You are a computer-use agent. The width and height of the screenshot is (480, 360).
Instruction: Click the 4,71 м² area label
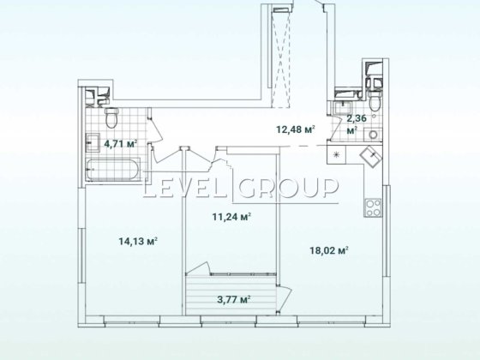point(120,143)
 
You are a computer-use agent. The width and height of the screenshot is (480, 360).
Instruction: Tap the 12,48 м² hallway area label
point(296,129)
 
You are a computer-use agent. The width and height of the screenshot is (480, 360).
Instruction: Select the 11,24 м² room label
point(231,217)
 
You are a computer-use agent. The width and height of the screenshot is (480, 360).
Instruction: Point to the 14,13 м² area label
point(138,241)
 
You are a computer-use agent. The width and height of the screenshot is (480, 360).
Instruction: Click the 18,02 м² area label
point(329,250)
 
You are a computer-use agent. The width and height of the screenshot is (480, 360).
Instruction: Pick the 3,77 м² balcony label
point(234,299)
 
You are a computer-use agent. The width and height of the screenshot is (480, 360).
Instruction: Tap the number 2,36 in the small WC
point(357,118)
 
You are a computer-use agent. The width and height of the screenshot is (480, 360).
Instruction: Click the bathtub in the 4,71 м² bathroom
point(112,170)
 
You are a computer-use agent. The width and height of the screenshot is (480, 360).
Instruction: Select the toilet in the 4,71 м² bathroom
point(111,118)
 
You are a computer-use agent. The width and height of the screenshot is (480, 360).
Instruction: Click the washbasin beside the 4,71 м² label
point(93,142)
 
